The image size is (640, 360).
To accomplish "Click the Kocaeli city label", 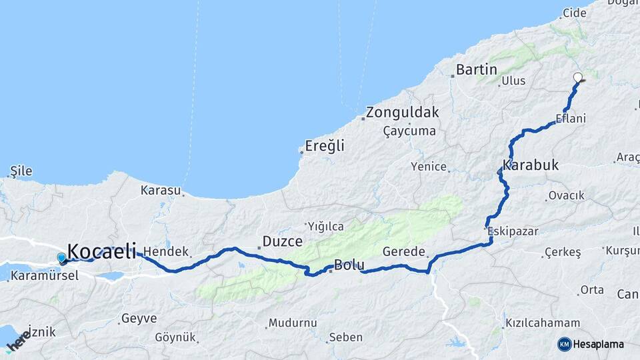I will point(102,251).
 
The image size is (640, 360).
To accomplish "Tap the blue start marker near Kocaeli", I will point(62,258).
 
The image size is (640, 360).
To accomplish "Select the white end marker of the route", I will point(578,77).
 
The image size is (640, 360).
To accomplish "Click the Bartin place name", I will point(477,69).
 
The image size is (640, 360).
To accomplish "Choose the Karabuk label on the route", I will point(531,165).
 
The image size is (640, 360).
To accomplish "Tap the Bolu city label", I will point(349,265).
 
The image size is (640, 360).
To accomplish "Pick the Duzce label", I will point(283,241).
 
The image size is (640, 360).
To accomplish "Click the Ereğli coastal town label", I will point(325,145).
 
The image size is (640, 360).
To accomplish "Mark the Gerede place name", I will point(404,252).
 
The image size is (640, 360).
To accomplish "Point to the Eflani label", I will point(571,119).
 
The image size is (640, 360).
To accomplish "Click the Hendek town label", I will point(167,253).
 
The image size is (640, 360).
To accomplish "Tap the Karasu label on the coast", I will point(161,190).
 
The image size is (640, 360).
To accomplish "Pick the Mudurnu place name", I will point(292,323).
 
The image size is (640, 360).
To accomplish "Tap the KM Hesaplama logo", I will point(591,344).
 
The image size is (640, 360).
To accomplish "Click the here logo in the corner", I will point(18,340).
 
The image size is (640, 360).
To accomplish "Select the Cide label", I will point(574,13).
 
